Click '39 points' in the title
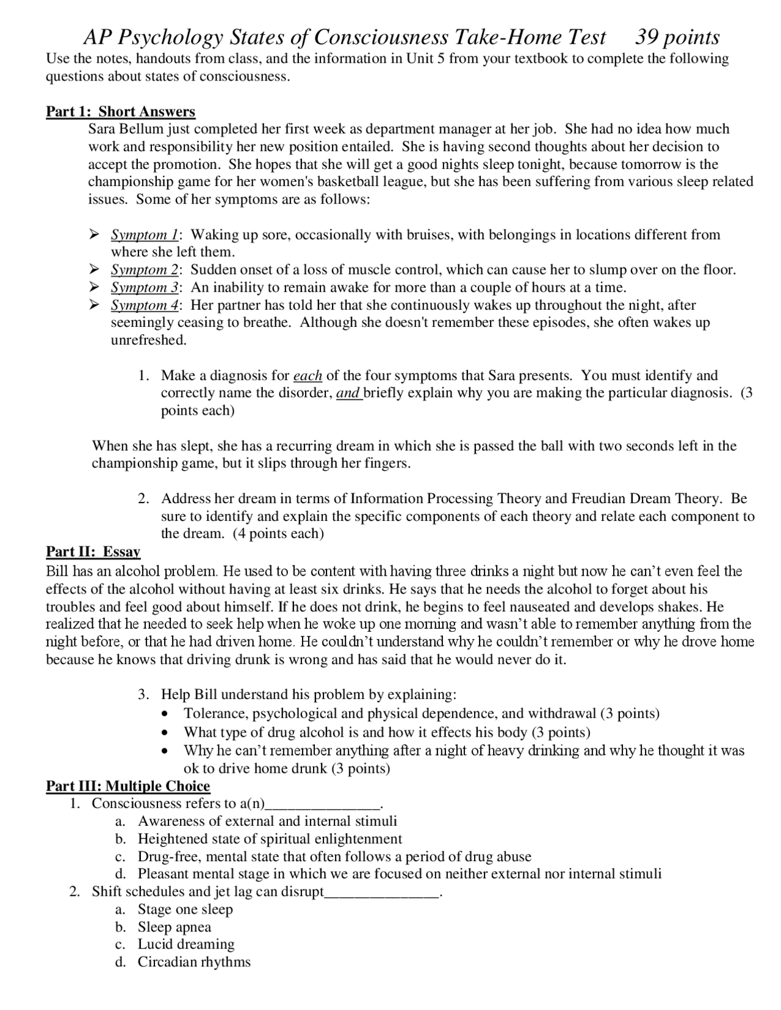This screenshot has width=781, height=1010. point(677,38)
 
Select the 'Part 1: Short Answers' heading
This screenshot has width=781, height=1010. point(121,112)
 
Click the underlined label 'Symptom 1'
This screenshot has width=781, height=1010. point(145,235)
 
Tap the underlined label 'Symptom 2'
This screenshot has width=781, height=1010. point(145,270)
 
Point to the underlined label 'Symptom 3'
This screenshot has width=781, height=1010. point(145,287)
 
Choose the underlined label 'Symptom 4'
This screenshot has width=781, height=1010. point(145,305)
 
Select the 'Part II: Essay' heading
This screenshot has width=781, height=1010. point(93,552)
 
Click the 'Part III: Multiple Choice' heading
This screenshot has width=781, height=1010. point(128,786)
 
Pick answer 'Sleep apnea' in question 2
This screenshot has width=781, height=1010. point(175,927)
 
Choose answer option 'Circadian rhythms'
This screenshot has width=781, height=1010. point(194,962)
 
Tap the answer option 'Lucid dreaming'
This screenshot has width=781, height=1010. point(186,945)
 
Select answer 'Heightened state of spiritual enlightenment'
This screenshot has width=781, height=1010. point(270,839)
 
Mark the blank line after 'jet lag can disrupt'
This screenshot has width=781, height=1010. point(381,893)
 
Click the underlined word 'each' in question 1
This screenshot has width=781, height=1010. point(308,376)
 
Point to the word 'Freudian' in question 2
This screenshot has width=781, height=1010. point(599,499)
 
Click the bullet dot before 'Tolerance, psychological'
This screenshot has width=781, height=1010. point(164,714)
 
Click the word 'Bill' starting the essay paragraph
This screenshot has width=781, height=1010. point(57,571)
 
